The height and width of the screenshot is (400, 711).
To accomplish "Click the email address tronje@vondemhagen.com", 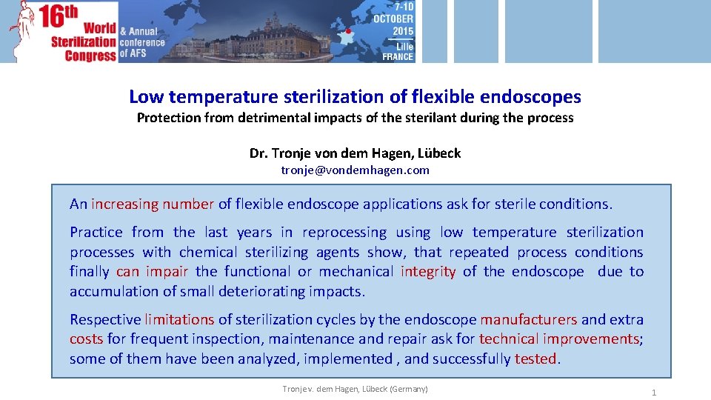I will coord(355,170).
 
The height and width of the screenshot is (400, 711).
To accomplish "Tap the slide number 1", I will coord(653,393).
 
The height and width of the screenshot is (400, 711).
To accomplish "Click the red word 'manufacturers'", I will coord(528,320).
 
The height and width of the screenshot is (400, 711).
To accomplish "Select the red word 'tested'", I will coord(535,359).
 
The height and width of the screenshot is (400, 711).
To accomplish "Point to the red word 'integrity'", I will coord(428,272).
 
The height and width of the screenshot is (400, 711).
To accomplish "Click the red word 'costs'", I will coord(87,339).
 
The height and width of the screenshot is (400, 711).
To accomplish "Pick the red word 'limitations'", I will coord(179,320).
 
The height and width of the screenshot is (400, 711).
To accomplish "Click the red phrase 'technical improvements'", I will coord(559,339).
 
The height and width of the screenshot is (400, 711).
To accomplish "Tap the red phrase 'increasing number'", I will coord(153,204).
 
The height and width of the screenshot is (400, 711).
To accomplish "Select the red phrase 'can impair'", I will coord(152,272).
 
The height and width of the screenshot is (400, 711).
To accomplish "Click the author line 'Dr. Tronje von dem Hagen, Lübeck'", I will coord(355,153).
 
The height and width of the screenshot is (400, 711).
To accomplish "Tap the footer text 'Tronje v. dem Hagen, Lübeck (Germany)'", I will coord(355,389).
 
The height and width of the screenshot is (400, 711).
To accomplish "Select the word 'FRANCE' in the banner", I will coord(398,56).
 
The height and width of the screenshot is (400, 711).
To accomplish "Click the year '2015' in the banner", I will coord(403,31).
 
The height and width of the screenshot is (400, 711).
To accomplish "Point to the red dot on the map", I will coord(348,32).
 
